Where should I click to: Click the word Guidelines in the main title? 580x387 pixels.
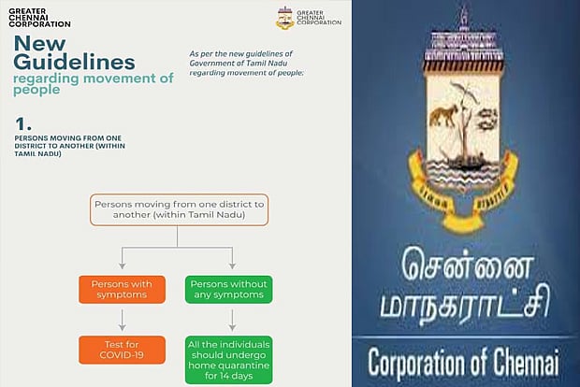(74, 62)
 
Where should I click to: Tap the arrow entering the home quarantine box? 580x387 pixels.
(231, 323)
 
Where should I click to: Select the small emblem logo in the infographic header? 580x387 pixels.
(285, 18)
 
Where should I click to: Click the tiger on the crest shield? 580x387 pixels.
(442, 118)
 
